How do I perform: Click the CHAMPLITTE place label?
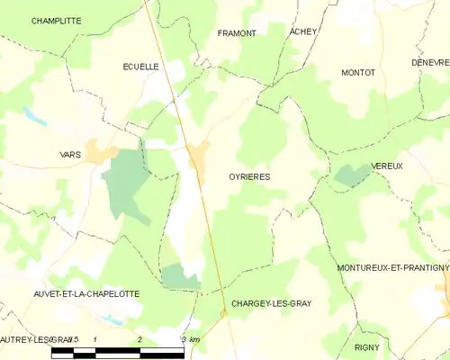[56, 20]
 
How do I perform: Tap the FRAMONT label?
[237, 33]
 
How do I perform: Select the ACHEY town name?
[303, 31]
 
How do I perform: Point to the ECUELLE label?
[140, 67]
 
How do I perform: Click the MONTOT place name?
[358, 72]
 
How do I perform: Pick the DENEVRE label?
[430, 63]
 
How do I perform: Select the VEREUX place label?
[386, 166]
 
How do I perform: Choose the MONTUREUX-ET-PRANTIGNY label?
[392, 268]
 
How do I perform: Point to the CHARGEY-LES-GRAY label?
[271, 303]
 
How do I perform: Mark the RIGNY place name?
[367, 346]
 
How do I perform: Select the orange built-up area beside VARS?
[99, 151]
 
